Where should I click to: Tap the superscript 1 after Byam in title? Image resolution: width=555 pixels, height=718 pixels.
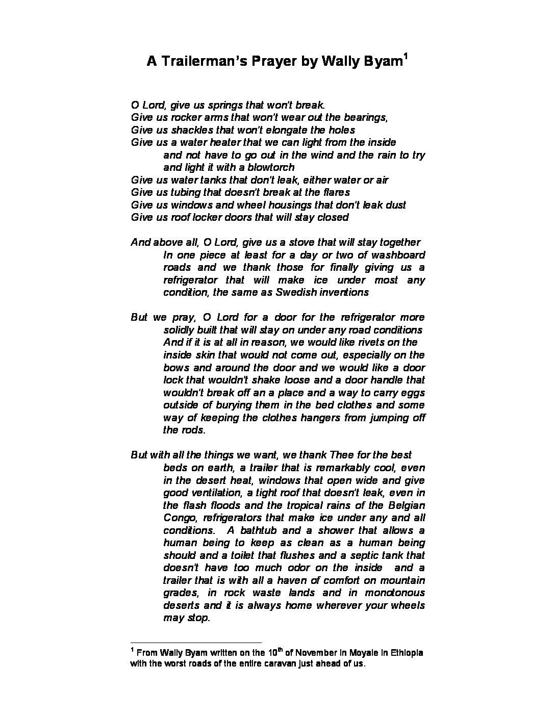(405, 56)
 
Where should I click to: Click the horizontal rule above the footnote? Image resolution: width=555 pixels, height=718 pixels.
(196, 643)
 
